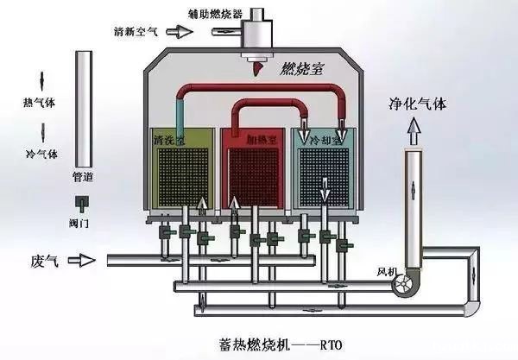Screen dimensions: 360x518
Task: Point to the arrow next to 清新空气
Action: click(180, 32)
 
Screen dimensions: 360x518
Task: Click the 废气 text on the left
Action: click(42, 260)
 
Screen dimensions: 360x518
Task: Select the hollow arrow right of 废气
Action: click(84, 260)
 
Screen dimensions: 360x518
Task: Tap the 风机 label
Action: click(386, 272)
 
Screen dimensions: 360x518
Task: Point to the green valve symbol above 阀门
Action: click(84, 203)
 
